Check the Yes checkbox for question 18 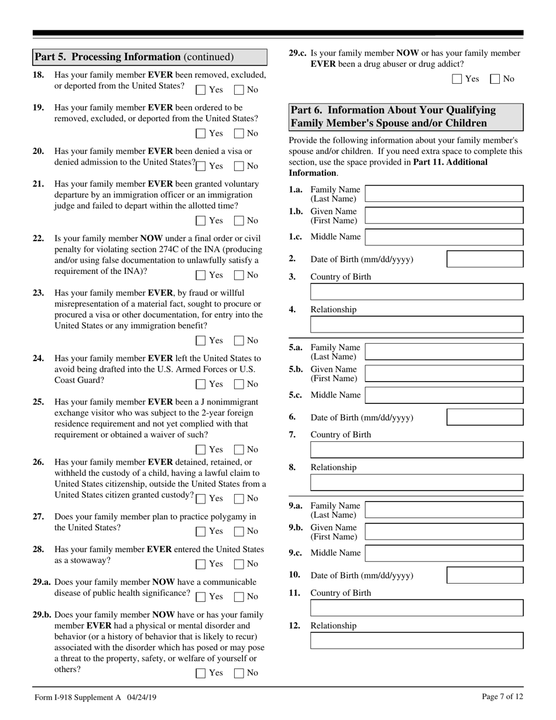(201, 90)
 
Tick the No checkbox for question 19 (239, 133)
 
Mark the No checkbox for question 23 (239, 340)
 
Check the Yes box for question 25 (201, 450)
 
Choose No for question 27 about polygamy (239, 531)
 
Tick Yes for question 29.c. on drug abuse (458, 79)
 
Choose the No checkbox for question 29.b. (239, 673)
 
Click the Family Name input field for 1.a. (444, 194)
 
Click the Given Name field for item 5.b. (444, 373)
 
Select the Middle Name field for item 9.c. (444, 553)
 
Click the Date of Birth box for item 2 (485, 259)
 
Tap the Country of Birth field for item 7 (416, 450)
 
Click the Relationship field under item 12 (416, 640)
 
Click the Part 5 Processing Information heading (134, 57)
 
